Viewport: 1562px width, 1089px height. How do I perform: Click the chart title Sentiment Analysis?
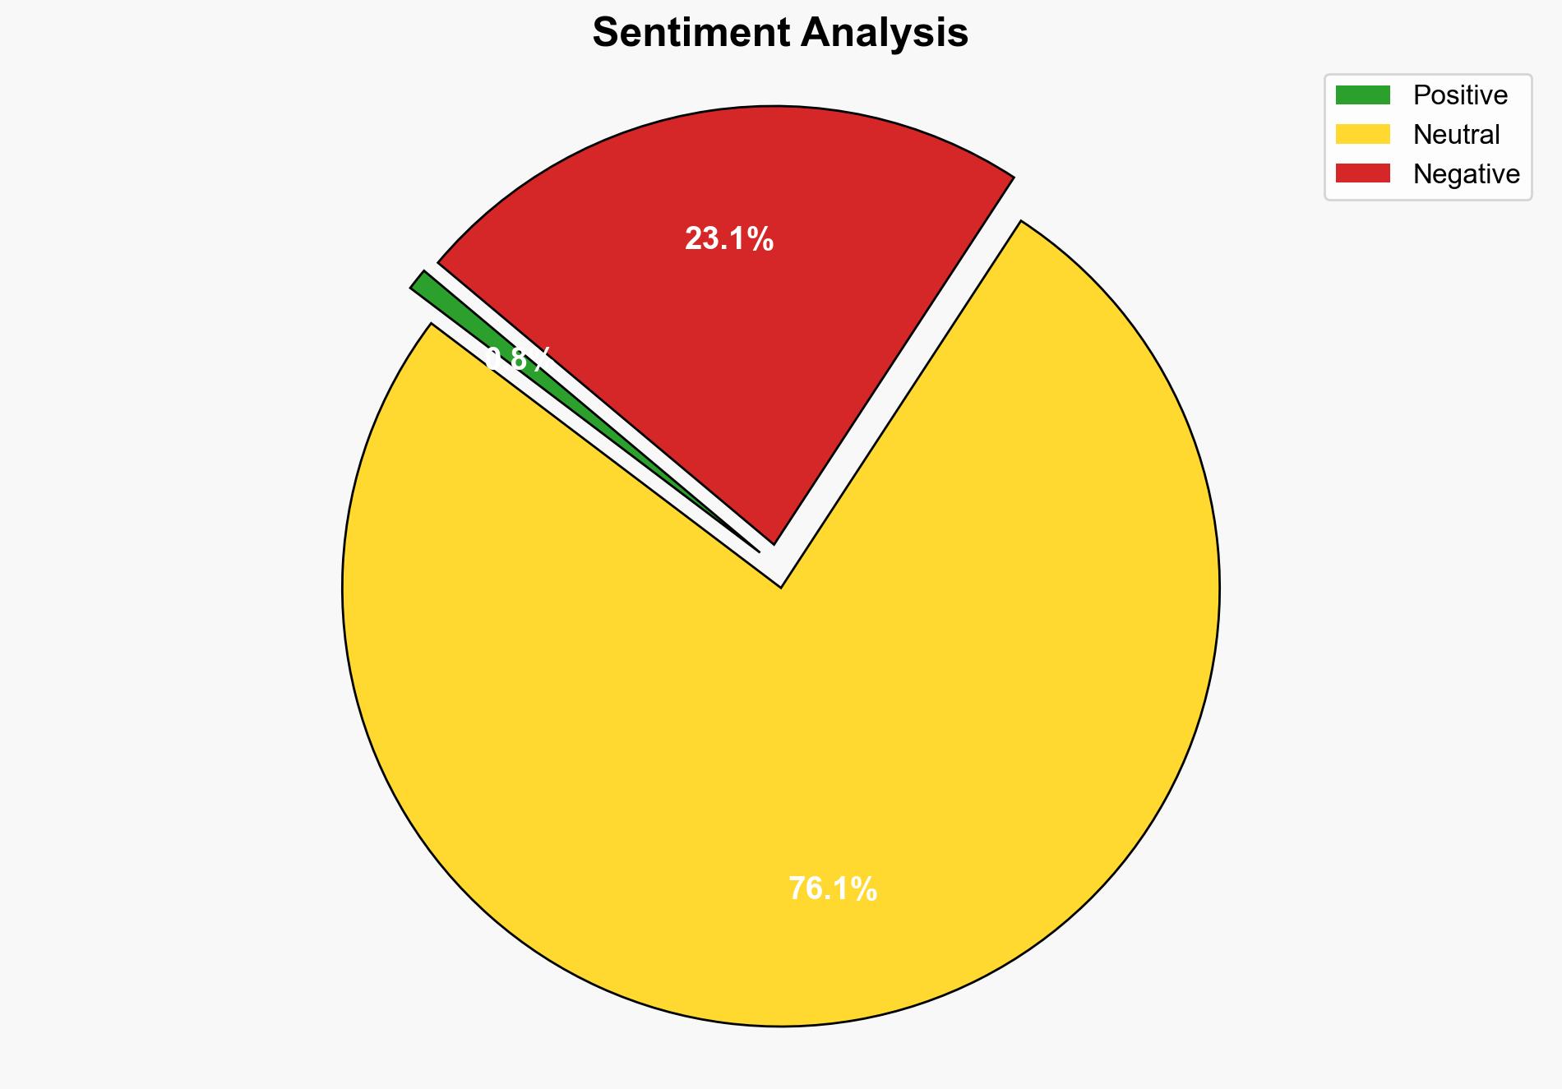780,34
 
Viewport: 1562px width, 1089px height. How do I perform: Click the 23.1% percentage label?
729,239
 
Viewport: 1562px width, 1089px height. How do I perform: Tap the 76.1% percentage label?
833,889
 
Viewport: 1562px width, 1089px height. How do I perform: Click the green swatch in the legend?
1362,95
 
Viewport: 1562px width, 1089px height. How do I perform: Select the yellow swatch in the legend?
1362,134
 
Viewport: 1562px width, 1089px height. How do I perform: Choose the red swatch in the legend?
1362,173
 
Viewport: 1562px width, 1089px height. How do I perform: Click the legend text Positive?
1460,95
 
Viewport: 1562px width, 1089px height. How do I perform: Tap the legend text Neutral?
1456,134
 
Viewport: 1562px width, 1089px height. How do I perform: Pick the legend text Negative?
1467,173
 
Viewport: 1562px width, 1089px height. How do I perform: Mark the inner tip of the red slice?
773,543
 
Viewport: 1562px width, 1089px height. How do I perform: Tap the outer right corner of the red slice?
1013,177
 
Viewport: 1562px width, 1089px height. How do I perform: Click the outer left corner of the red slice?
438,263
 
